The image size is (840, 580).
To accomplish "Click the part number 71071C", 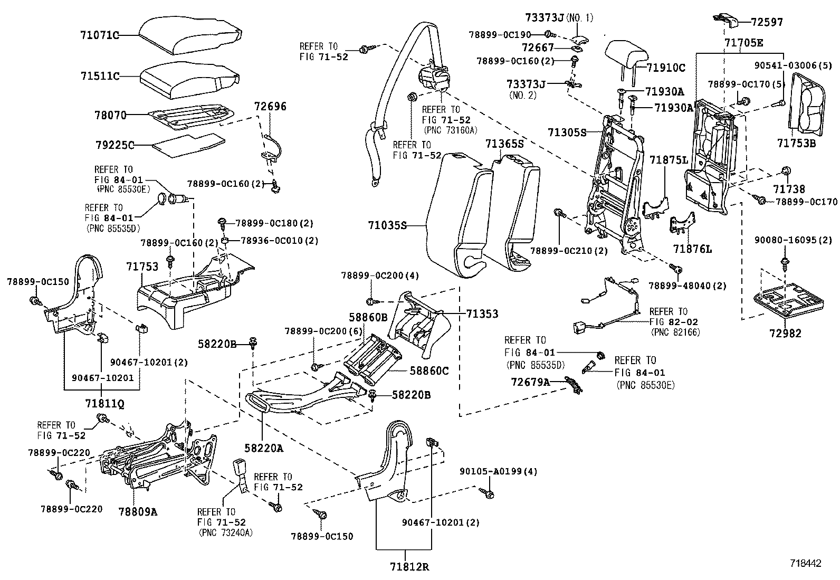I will click(x=99, y=35).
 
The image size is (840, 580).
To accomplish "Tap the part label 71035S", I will click(x=387, y=226).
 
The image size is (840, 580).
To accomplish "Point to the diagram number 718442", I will click(x=805, y=563).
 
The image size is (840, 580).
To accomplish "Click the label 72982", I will click(x=785, y=333).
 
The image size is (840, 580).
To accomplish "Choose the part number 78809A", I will click(x=138, y=511).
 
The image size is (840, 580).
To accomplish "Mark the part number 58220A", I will click(x=264, y=448).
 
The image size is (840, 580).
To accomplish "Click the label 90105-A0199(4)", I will click(x=498, y=471).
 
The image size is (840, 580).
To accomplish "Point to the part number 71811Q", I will click(x=104, y=403).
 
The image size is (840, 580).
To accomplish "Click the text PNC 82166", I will click(x=676, y=332).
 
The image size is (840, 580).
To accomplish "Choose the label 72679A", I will click(x=530, y=381).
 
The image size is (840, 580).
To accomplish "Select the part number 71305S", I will click(x=566, y=132).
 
